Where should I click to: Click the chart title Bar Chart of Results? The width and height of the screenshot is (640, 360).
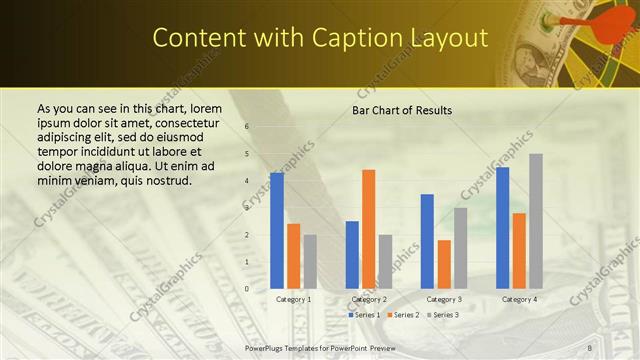pos(401,110)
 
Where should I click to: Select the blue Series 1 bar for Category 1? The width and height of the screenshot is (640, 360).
pos(277,230)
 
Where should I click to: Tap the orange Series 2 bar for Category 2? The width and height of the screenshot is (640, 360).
pos(369,229)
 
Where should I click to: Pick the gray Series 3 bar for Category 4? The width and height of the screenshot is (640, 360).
pos(536,221)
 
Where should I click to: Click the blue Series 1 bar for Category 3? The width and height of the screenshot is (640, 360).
pos(427,241)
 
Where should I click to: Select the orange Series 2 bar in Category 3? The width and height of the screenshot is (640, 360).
pos(444,264)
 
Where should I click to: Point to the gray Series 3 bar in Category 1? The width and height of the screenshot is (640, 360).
pos(310,261)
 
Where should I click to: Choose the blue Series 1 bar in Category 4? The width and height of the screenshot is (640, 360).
pos(502,227)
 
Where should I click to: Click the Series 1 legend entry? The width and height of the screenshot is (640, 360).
pos(363,314)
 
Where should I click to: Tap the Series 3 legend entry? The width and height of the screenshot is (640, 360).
pos(444,314)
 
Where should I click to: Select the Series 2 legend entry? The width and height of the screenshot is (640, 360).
pos(403,314)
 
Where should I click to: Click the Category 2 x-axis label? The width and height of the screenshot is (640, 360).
pos(369,299)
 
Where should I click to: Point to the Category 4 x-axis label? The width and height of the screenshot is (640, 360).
pos(519,299)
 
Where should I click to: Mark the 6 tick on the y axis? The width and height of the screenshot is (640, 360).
pos(247,127)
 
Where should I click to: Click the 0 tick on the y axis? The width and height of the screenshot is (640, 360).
pos(247,289)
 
